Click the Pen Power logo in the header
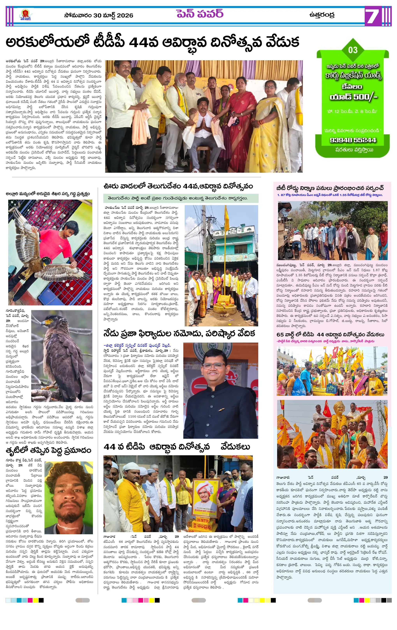[25, 15]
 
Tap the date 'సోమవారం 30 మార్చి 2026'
[98, 15]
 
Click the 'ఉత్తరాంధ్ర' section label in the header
[321, 15]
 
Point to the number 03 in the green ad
[353, 50]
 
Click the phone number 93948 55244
[353, 140]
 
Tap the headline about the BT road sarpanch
[330, 188]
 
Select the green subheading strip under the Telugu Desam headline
[181, 198]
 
